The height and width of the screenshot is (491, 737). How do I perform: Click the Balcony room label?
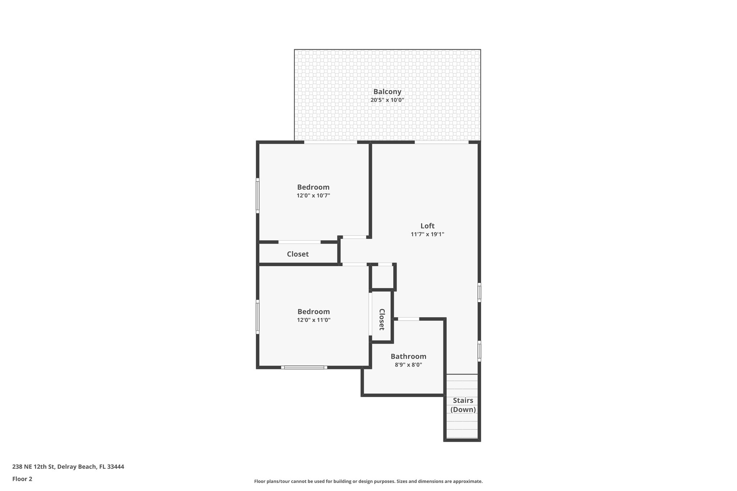[387, 92]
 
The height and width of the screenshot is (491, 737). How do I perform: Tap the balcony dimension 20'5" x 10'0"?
[387, 100]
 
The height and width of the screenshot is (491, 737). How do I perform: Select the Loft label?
[428, 226]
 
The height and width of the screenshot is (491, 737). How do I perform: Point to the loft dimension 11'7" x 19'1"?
[428, 234]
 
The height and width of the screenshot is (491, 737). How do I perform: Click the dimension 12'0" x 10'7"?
[313, 196]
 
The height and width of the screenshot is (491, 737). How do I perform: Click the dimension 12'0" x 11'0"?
[313, 320]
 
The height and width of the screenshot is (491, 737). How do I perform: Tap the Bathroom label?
[408, 356]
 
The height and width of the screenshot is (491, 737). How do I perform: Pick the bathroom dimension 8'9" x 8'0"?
[408, 365]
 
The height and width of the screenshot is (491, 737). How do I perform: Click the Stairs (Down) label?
[463, 405]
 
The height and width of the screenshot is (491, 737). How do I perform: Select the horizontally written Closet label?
[298, 254]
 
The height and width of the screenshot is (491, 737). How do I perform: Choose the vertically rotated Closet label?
[382, 319]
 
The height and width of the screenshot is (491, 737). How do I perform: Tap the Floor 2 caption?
[22, 479]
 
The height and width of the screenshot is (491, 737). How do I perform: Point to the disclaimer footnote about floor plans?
[368, 481]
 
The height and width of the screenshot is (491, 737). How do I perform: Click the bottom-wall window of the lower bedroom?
[304, 367]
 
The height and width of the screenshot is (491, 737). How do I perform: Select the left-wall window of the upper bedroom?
[258, 196]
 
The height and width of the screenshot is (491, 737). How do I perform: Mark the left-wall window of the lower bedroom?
[258, 317]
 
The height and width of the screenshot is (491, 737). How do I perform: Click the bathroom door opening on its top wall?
[408, 319]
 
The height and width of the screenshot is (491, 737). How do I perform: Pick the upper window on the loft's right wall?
[479, 292]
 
